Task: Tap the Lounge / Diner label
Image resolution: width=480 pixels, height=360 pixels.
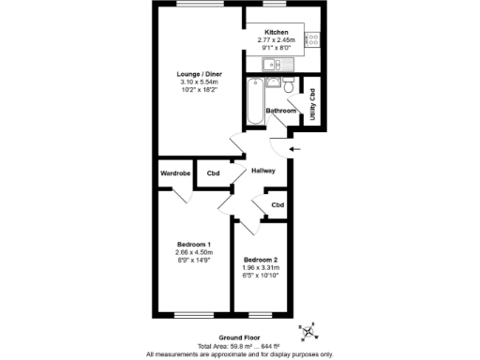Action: coord(200,75)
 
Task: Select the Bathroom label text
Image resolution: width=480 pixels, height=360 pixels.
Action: coord(280,111)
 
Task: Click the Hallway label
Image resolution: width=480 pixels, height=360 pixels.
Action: coord(262,170)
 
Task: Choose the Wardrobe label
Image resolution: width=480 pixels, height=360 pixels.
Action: coord(175,173)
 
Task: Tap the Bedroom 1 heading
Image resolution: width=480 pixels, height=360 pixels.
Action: coord(194,244)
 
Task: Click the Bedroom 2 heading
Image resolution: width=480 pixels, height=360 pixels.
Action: coord(261,259)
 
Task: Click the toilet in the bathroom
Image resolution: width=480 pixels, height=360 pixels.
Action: coord(292,88)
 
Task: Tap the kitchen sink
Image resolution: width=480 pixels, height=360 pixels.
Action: coord(274,64)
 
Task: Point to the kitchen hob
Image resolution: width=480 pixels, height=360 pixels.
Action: coord(313,39)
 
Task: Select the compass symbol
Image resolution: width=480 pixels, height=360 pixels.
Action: coord(308,332)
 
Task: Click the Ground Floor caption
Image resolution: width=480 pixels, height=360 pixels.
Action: coord(239,337)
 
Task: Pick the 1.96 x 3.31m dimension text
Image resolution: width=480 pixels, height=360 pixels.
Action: coord(261,267)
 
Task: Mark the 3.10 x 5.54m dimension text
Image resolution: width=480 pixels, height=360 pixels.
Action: coord(200,82)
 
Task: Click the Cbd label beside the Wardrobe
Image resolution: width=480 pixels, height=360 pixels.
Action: coord(214,173)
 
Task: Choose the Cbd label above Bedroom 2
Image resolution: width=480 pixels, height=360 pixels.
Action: coord(277,204)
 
